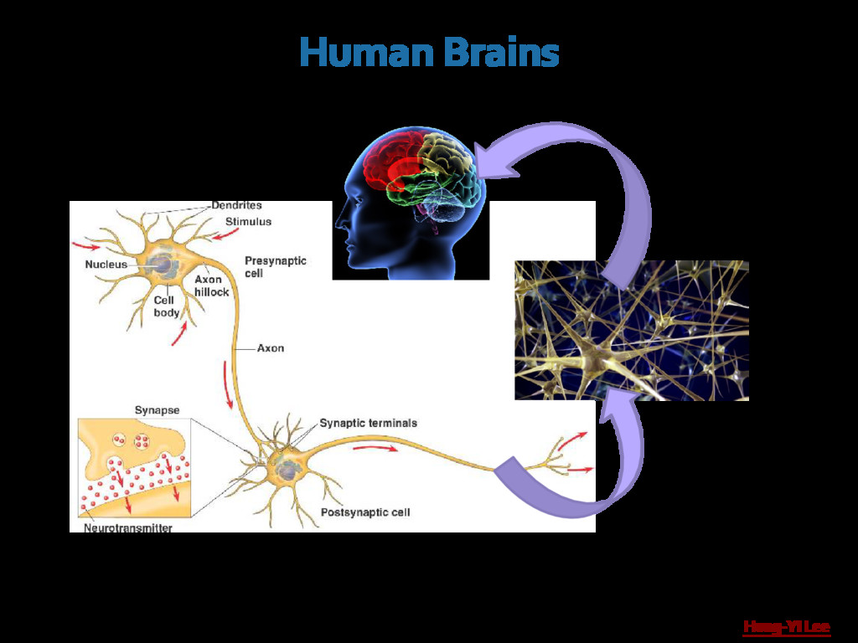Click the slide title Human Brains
click(429, 54)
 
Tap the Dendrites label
click(236, 205)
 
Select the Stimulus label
click(248, 222)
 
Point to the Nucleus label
click(106, 265)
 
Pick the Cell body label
click(166, 306)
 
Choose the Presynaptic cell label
click(276, 266)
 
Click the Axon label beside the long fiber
click(270, 348)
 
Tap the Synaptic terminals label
click(368, 424)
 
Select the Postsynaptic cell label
click(365, 512)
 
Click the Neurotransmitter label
click(128, 528)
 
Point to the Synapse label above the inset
click(157, 410)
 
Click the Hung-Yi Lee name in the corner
click(786, 626)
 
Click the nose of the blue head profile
click(338, 224)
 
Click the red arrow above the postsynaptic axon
click(375, 449)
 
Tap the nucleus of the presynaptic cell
click(162, 266)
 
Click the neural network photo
click(631, 331)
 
